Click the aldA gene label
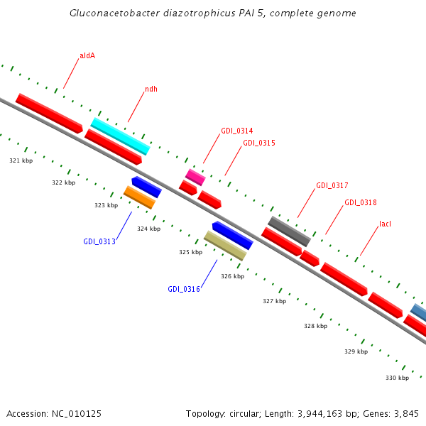87,55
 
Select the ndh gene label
151,89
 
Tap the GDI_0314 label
236,131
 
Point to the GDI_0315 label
258,143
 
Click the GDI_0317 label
332,185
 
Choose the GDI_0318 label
360,202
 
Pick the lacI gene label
385,224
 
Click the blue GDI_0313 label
99,241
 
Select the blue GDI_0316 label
183,289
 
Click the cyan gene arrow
120,136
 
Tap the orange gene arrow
139,197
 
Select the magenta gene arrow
195,177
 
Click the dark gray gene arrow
289,231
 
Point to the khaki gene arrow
225,245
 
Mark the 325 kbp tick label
190,252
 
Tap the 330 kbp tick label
397,378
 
